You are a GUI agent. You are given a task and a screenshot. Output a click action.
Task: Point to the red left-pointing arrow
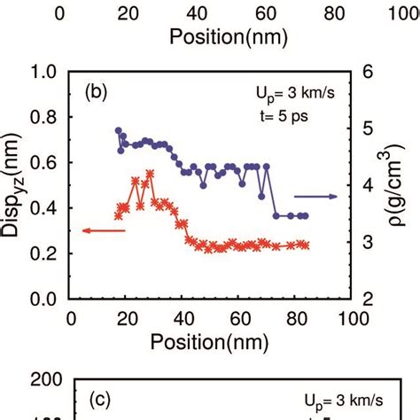[102, 230]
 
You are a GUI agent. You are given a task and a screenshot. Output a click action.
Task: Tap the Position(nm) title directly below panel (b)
[212, 339]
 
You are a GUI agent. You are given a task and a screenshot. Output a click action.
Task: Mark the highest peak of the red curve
[150, 174]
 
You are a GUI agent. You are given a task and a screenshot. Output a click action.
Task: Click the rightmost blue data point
[306, 215]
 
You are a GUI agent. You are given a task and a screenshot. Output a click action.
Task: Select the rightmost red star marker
[306, 245]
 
